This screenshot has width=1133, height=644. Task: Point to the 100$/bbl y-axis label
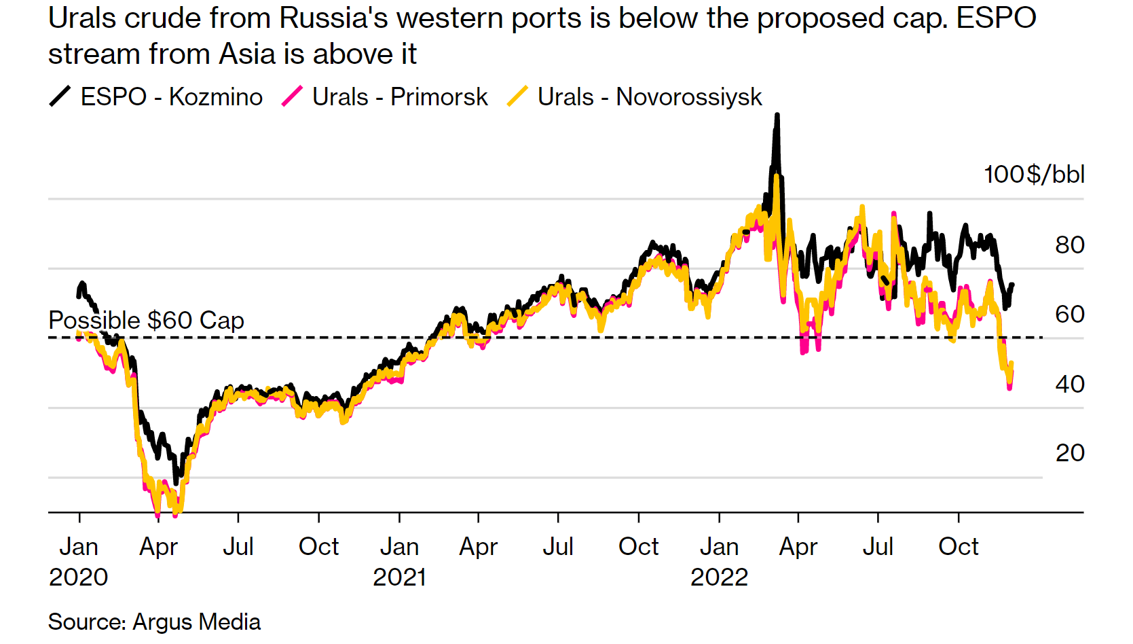click(x=1034, y=175)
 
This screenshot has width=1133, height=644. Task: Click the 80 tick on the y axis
click(x=1069, y=245)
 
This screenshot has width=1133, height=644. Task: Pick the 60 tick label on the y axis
click(x=1069, y=315)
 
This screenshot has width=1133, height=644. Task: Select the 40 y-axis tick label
click(x=1069, y=384)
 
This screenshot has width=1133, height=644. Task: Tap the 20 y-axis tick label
click(x=1069, y=453)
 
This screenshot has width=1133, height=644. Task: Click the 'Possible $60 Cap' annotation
click(x=146, y=320)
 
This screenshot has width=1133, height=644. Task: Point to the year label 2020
click(x=78, y=577)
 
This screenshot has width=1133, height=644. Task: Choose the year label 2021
click(x=399, y=577)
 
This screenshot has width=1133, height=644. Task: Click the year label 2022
click(x=719, y=577)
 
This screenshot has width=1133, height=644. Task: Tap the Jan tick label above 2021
click(x=399, y=546)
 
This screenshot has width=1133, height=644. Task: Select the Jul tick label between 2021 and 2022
click(x=558, y=546)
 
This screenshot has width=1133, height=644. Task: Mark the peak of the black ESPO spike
click(x=777, y=115)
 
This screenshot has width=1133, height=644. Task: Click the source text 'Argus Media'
click(x=196, y=622)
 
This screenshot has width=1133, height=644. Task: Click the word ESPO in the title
click(x=996, y=18)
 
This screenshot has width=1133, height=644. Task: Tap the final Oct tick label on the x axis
click(x=958, y=546)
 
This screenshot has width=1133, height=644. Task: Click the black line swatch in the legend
click(x=60, y=96)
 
